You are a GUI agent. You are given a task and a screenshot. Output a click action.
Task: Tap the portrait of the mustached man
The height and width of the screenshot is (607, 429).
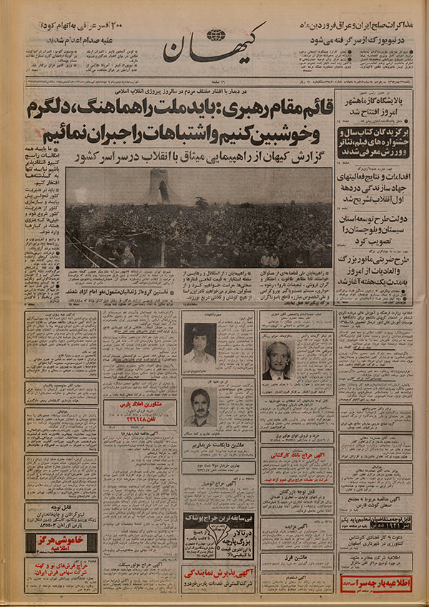[199, 407]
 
